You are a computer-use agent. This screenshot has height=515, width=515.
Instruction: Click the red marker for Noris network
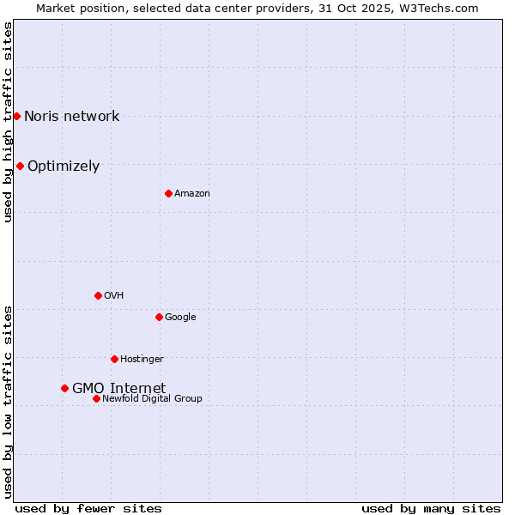[16, 116]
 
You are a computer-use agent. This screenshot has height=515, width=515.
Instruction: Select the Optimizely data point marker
[20, 166]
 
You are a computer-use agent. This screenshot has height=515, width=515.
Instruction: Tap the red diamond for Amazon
[168, 193]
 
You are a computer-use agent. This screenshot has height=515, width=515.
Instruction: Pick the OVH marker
[98, 295]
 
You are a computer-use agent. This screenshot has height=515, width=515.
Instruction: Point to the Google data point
[159, 317]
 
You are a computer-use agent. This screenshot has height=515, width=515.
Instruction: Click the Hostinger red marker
[114, 359]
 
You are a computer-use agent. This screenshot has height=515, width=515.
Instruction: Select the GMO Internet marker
[64, 388]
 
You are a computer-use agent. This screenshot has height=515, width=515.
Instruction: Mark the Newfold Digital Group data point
[96, 398]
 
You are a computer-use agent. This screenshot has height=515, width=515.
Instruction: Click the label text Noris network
[71, 117]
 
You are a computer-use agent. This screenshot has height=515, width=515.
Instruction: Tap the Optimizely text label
[64, 167]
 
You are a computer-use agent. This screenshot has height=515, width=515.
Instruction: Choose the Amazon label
[192, 194]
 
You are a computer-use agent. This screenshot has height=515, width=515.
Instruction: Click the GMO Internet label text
[118, 388]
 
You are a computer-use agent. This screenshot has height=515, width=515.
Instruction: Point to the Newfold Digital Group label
[152, 398]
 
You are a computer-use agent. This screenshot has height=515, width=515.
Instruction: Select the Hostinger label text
[142, 359]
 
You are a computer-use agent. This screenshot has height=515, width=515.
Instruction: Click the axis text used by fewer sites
[88, 508]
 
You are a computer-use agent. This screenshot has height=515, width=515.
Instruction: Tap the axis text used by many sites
[431, 508]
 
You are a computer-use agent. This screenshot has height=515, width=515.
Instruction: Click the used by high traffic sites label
[8, 122]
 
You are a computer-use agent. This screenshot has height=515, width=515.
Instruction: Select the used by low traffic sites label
[8, 401]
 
